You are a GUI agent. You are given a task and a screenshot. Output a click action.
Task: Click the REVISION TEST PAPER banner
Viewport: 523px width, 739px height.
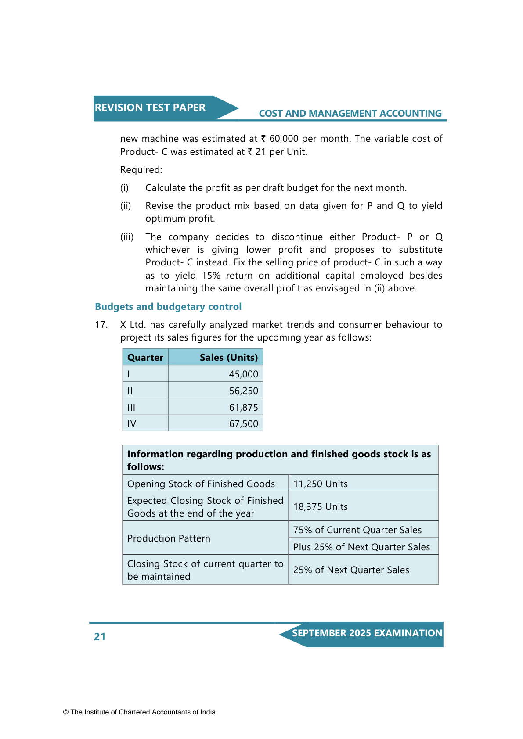tap(150, 108)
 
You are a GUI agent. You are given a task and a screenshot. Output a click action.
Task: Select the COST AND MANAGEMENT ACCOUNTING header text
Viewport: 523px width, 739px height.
tap(350, 114)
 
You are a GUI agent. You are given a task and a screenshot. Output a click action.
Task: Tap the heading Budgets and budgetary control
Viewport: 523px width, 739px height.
tap(168, 307)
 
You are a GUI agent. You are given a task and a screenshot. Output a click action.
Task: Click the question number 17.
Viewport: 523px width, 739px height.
tap(101, 325)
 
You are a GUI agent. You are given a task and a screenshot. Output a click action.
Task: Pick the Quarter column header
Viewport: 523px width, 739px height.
tap(145, 358)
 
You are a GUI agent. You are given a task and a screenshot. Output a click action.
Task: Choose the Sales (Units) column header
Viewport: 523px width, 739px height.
tap(228, 358)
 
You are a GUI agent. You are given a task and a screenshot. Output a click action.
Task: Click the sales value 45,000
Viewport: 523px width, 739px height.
tap(243, 374)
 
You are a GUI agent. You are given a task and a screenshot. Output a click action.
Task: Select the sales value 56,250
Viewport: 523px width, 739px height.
tap(243, 391)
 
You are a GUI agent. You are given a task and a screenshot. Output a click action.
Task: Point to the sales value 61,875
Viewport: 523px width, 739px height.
tap(243, 408)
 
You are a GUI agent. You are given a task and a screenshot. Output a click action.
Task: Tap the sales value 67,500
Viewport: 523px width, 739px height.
tap(243, 424)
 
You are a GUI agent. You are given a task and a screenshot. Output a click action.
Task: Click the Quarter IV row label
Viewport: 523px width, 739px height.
tap(132, 424)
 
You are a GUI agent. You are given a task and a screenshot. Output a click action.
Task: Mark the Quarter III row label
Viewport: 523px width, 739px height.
tap(131, 408)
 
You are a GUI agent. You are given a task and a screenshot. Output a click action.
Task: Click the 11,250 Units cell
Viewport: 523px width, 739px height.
tap(321, 484)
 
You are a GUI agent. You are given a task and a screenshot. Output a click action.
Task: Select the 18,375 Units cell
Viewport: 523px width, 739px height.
tap(321, 507)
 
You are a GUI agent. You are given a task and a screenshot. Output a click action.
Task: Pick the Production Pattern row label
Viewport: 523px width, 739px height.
tap(169, 538)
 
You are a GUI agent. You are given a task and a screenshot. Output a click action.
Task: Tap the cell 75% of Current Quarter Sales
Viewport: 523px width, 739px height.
tap(357, 530)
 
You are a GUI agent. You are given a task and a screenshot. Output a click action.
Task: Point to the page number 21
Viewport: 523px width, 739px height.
tap(100, 637)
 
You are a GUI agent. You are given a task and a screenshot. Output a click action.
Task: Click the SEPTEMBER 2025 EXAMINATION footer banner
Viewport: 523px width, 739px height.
tap(367, 633)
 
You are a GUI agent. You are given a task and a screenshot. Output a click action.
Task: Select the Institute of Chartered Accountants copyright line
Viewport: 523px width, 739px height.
tap(139, 712)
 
